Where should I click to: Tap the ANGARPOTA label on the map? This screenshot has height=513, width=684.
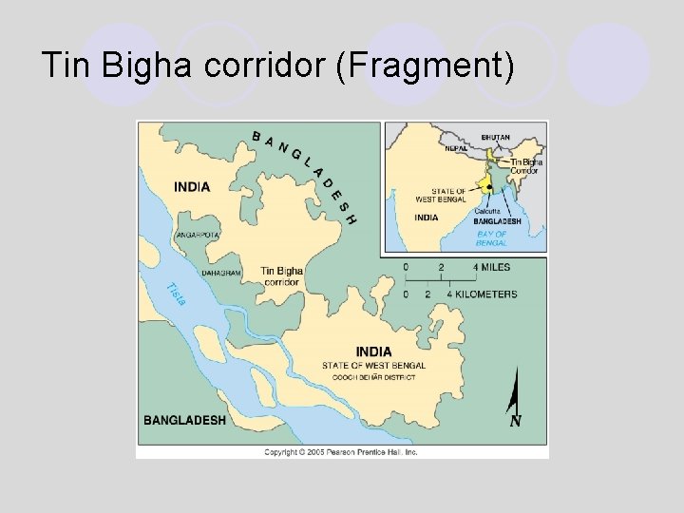tap(198, 235)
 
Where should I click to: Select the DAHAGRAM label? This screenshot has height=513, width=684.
tap(221, 273)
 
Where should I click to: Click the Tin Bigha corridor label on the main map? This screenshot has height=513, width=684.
tap(282, 276)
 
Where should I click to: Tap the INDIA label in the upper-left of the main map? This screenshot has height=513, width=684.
tap(192, 187)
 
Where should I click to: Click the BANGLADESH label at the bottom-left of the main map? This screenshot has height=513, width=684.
tap(184, 420)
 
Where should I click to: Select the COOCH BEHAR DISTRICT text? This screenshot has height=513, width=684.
tap(373, 377)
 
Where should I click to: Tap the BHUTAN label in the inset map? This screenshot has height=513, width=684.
tap(496, 138)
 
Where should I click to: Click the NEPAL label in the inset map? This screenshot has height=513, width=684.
tap(456, 147)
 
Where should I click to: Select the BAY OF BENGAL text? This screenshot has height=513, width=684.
tap(492, 237)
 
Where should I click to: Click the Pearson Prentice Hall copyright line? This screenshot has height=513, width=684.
tap(341, 452)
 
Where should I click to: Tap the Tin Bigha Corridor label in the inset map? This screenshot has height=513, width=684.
tap(525, 165)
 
